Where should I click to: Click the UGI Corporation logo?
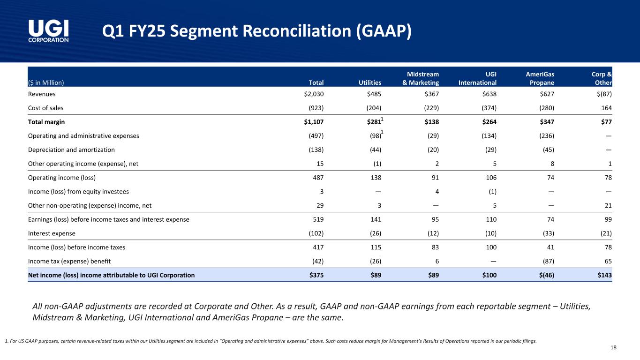point(48,31)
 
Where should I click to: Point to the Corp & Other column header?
point(602,78)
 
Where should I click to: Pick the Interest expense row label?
point(52,233)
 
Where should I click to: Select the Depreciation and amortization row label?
point(71,150)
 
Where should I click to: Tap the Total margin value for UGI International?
point(487,122)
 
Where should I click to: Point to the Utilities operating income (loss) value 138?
point(375,178)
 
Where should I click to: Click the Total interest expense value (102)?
point(314,233)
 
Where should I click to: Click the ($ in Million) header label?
point(46,83)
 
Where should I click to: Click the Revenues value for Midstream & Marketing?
point(431,94)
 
